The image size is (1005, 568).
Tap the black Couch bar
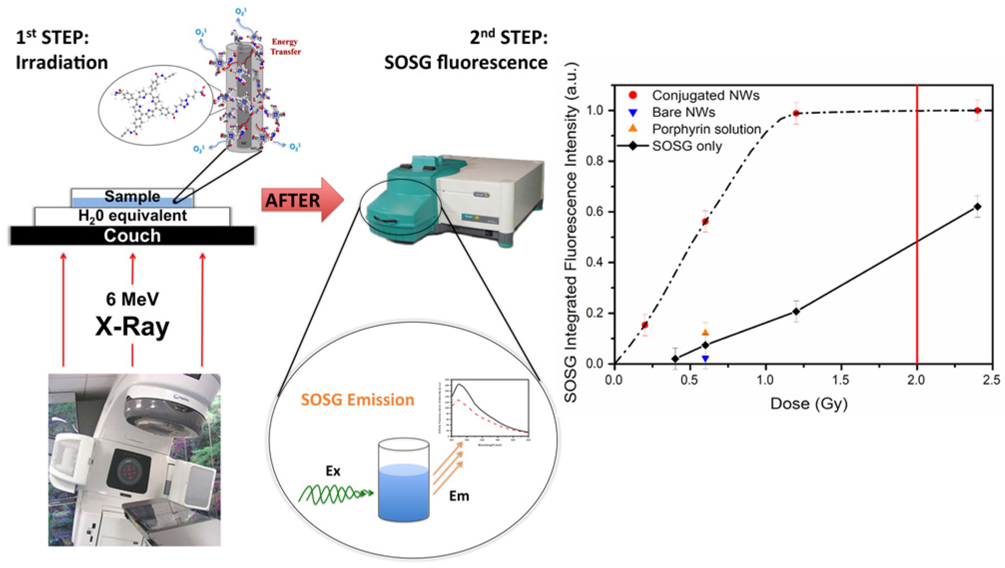[x=132, y=236]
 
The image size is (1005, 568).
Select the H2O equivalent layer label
[x=132, y=216]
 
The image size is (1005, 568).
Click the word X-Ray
[x=132, y=327]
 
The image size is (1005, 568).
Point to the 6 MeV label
[x=132, y=299]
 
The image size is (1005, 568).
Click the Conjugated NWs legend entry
[x=705, y=95]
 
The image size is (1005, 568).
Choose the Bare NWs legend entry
[x=683, y=112]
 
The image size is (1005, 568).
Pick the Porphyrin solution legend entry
[x=706, y=129]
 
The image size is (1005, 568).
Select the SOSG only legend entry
[x=687, y=146]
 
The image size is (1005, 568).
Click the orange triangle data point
[x=705, y=332]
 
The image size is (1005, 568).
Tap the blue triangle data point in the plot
[x=705, y=359]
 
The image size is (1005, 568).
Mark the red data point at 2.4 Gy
[x=977, y=110]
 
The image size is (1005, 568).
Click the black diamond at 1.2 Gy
[x=796, y=311]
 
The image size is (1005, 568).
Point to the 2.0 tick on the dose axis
[x=916, y=380]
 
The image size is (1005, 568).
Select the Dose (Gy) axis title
[x=809, y=404]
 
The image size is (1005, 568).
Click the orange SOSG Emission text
[x=357, y=400]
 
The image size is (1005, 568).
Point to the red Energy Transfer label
[x=285, y=47]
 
